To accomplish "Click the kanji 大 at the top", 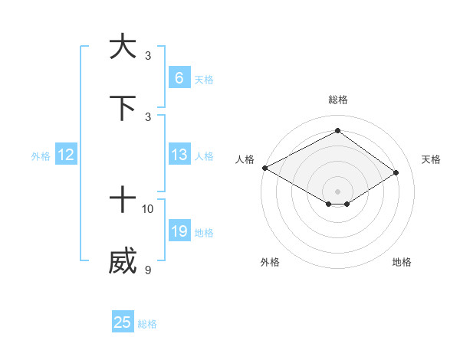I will [x=123, y=47].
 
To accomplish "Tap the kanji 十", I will [x=123, y=201].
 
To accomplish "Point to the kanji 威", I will [x=123, y=262].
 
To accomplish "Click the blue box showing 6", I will [x=179, y=77].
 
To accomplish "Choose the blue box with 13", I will [x=179, y=155].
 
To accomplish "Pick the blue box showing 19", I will [x=179, y=231].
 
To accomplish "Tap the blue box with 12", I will [x=66, y=155].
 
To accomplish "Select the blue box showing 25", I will [x=123, y=322].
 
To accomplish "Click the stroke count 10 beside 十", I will [x=148, y=208].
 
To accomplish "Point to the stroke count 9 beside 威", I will [x=147, y=270].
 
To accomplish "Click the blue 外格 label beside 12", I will [x=41, y=156].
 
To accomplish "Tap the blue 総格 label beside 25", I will [x=147, y=324].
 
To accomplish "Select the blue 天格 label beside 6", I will [x=203, y=79].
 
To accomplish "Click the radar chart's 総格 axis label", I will [x=337, y=100].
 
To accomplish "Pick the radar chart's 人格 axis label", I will [x=245, y=159].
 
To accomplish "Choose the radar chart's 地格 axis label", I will [x=402, y=262].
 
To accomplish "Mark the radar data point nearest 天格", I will [x=396, y=173].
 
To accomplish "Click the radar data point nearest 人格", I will [x=264, y=167].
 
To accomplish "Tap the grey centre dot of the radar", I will [x=337, y=191].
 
